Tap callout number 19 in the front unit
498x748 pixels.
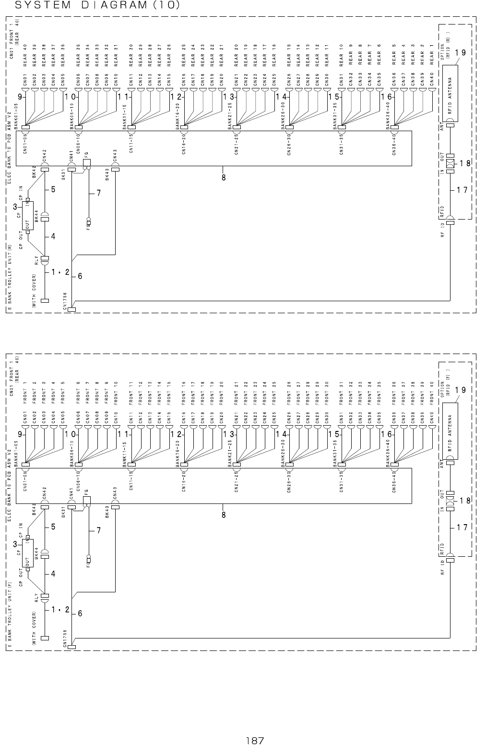(x=460, y=390)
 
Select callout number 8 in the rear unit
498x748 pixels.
(x=223, y=176)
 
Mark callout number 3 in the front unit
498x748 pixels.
(x=15, y=544)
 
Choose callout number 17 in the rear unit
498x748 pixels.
(x=462, y=190)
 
